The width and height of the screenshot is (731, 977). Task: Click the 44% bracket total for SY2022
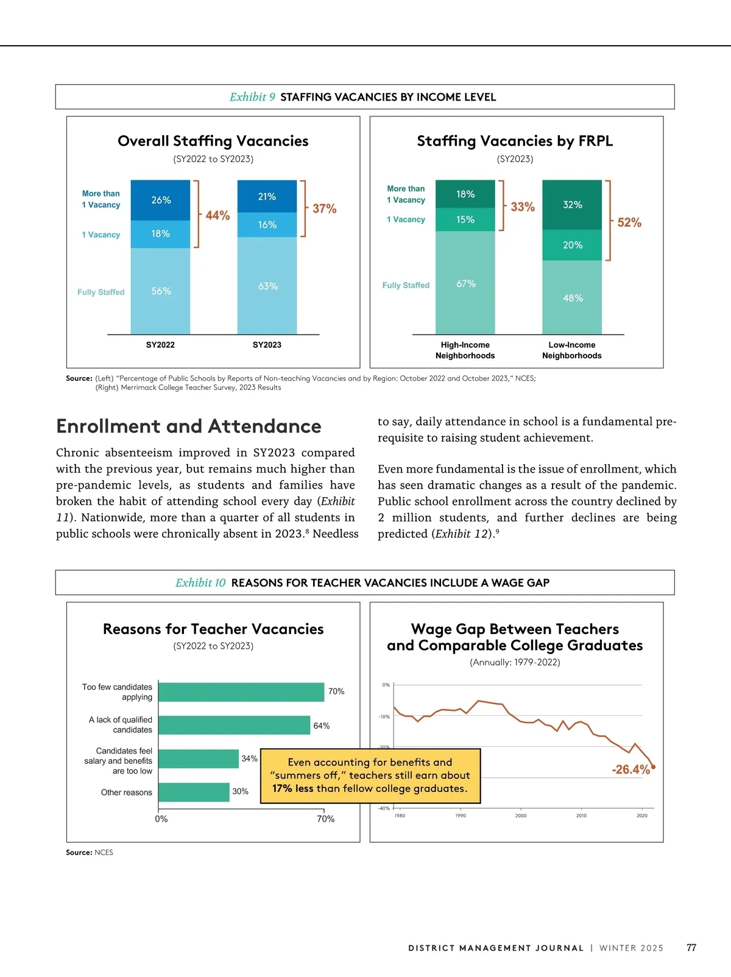217,215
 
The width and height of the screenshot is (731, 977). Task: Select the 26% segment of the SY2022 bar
161,200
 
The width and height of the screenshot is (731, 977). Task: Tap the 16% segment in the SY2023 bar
267,225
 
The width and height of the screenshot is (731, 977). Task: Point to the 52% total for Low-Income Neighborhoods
629,222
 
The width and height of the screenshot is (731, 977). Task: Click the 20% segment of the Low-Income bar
572,245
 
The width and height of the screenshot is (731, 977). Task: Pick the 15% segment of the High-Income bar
465,219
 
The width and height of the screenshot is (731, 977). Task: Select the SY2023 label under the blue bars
267,345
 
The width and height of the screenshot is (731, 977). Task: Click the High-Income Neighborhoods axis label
465,350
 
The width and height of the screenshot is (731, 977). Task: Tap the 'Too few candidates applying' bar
241,692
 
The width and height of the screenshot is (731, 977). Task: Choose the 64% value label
321,725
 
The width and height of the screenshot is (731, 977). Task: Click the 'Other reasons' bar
194,792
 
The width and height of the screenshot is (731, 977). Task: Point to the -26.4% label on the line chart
630,769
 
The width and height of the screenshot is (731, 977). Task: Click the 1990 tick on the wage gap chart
461,816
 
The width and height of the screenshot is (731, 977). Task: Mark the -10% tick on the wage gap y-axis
384,716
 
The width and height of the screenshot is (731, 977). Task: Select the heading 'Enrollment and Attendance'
188,426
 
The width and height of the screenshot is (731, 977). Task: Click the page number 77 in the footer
691,948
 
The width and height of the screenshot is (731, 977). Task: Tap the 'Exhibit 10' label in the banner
200,583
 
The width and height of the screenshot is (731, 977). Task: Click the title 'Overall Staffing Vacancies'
213,141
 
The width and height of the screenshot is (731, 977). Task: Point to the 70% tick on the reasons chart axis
325,819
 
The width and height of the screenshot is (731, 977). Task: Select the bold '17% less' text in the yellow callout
292,788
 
